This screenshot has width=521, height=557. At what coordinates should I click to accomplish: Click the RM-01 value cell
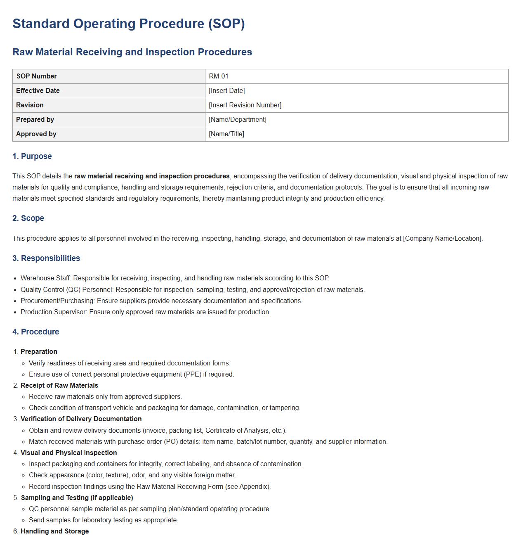pyautogui.click(x=219, y=76)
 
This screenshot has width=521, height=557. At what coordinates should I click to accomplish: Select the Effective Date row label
pyautogui.click(x=38, y=91)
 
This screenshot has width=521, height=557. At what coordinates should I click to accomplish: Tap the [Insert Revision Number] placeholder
pyautogui.click(x=245, y=105)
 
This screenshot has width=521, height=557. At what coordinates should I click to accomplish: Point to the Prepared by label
pyautogui.click(x=35, y=120)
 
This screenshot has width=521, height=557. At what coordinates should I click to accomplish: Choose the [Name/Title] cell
pyautogui.click(x=226, y=134)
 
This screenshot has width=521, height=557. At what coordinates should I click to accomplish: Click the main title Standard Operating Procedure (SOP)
pyautogui.click(x=129, y=24)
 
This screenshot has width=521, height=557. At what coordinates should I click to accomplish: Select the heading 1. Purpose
pyautogui.click(x=32, y=156)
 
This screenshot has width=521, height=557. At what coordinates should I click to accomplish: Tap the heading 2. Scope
pyautogui.click(x=28, y=218)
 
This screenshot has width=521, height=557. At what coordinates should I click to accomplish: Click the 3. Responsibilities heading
pyautogui.click(x=46, y=258)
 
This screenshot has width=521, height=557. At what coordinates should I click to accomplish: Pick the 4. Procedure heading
pyautogui.click(x=36, y=332)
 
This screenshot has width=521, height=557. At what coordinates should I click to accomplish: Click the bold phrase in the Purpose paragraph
pyautogui.click(x=152, y=176)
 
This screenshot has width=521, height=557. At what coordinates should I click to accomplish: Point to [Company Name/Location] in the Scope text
pyautogui.click(x=442, y=239)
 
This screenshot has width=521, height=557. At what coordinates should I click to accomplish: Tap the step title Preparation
pyautogui.click(x=39, y=352)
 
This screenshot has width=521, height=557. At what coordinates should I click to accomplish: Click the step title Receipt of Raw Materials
pyautogui.click(x=59, y=386)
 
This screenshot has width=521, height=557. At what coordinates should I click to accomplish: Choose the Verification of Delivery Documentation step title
pyautogui.click(x=81, y=419)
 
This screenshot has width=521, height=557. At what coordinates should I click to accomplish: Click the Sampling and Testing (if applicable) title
pyautogui.click(x=77, y=498)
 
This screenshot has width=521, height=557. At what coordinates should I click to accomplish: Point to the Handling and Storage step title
pyautogui.click(x=55, y=531)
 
